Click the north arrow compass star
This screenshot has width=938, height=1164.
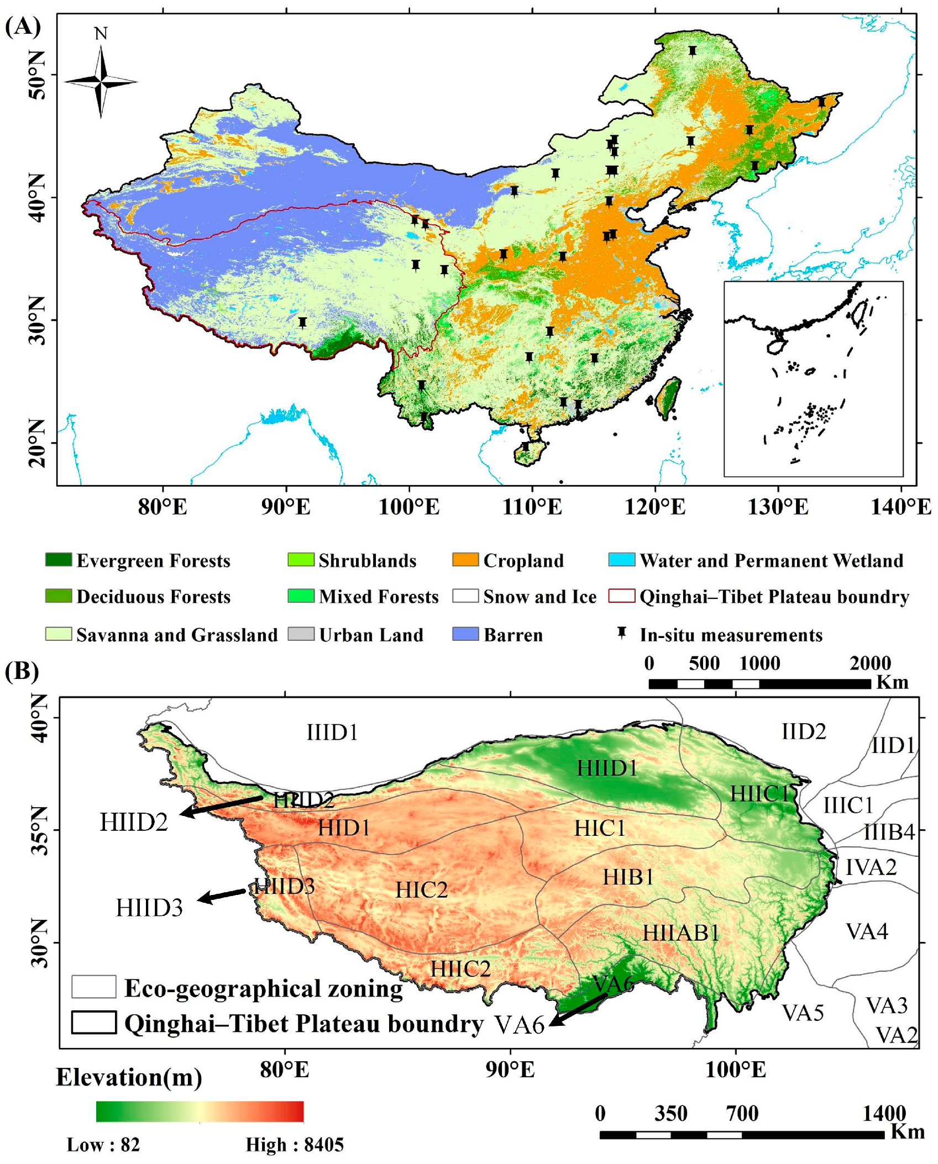pos(101,82)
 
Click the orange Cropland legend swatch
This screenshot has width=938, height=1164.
pos(465,560)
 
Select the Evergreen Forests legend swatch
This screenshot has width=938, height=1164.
pos(58,560)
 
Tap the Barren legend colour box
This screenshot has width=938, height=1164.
pos(465,634)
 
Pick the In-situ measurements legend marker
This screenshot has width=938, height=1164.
pos(622,633)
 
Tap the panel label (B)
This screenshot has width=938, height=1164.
pos(21,672)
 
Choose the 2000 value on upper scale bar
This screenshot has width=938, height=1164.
pos(870,663)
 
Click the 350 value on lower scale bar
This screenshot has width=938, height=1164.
pos(670,1114)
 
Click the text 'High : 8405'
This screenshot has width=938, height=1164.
pos(295,1145)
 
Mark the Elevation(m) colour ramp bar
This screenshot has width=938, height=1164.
pos(200,1112)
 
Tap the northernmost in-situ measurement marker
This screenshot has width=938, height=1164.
pos(693,51)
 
